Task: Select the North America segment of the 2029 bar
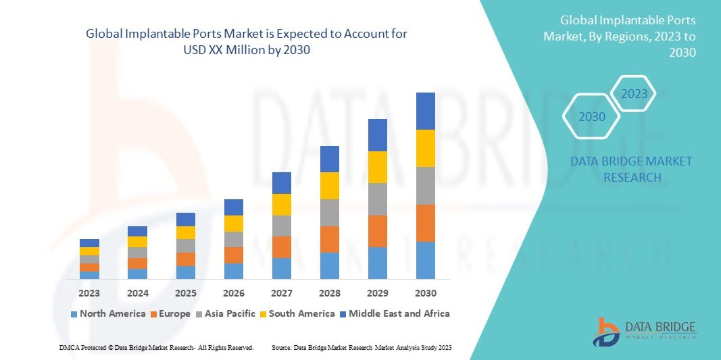pyautogui.click(x=377, y=263)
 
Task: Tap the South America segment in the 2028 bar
pyautogui.click(x=329, y=186)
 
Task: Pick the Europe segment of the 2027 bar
pyautogui.click(x=282, y=247)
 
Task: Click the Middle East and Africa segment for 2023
pyautogui.click(x=89, y=243)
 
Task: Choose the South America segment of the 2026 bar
pyautogui.click(x=234, y=224)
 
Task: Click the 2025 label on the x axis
pyautogui.click(x=186, y=293)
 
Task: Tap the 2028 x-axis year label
pyautogui.click(x=329, y=293)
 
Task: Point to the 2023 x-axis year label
pyautogui.click(x=89, y=293)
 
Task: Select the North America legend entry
pyautogui.click(x=108, y=313)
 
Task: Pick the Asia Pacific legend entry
pyautogui.click(x=226, y=313)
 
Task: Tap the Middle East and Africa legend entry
pyautogui.click(x=395, y=313)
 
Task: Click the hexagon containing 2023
pyautogui.click(x=634, y=94)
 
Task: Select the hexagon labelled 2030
pyautogui.click(x=592, y=117)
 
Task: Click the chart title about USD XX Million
pyautogui.click(x=246, y=42)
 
